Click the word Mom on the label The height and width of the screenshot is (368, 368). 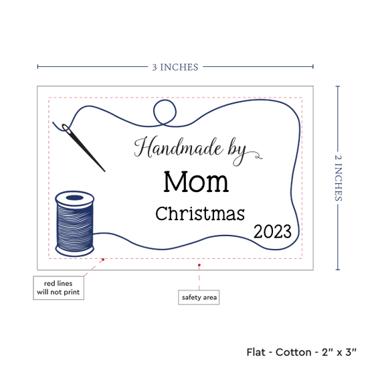tap(196, 181)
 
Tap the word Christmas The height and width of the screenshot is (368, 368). tap(200, 213)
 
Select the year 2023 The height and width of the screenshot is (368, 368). tap(272, 232)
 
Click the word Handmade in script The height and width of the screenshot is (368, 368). tap(179, 147)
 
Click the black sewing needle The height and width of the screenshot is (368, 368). tap(84, 148)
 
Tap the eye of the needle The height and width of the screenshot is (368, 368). tap(66, 128)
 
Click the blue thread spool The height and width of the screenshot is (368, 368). tap(75, 223)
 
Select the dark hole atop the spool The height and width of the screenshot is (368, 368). tap(75, 197)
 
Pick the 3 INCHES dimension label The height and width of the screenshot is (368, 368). tap(175, 68)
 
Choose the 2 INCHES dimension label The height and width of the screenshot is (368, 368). tap(338, 178)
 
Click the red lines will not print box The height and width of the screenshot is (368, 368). tap(58, 288)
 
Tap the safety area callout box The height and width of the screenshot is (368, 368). tap(199, 297)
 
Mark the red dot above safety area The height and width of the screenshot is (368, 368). tap(199, 265)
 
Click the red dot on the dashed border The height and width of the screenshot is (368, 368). tap(103, 260)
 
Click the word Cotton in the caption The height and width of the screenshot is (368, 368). tap(293, 352)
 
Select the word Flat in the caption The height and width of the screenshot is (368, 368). tap(256, 352)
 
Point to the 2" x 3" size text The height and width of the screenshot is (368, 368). tap(339, 352)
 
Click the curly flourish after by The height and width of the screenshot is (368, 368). tap(255, 155)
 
